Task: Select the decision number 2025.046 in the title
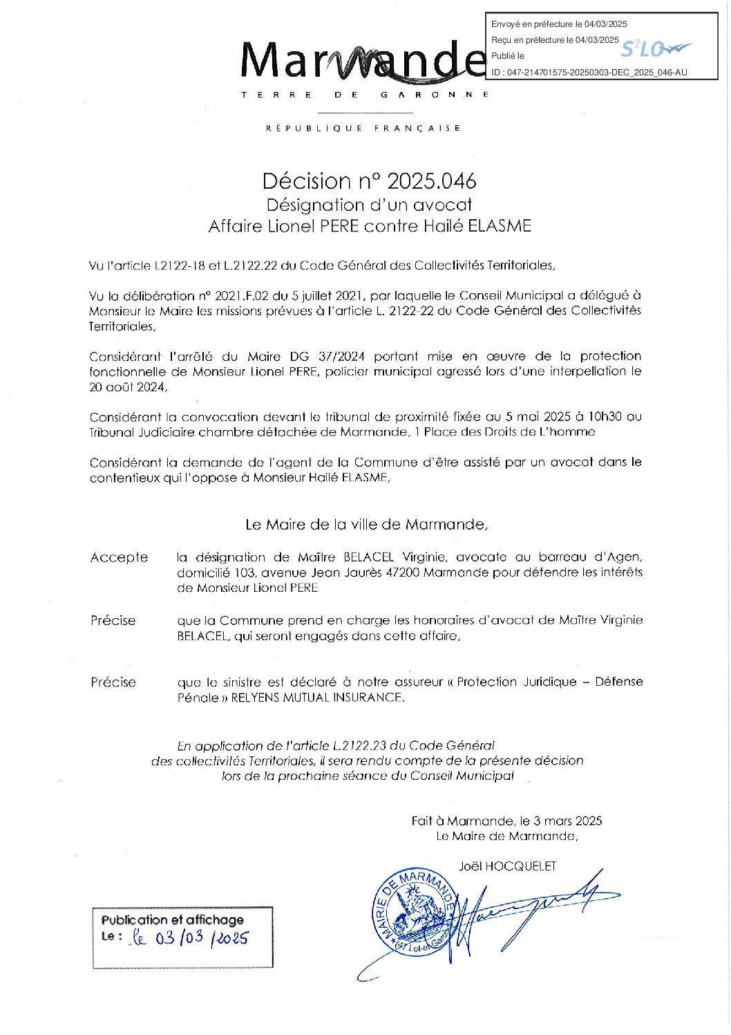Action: point(431,181)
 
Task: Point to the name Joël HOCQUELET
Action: point(506,866)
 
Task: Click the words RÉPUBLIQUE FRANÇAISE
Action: point(363,128)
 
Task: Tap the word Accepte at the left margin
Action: point(119,557)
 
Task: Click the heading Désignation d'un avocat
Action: point(369,205)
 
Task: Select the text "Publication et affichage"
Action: point(173,920)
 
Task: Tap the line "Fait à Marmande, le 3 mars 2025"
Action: point(506,821)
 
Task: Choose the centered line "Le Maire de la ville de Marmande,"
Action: point(366,524)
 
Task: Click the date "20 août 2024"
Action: point(127,387)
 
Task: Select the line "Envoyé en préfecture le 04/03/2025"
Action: point(559,24)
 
